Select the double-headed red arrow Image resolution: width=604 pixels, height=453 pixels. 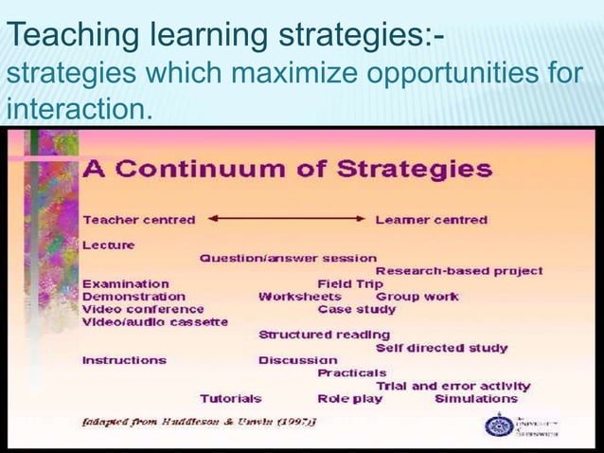(286, 219)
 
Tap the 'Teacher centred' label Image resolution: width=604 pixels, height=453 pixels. (139, 219)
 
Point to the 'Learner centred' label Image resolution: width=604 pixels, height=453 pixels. (432, 219)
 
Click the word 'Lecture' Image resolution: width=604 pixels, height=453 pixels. (109, 245)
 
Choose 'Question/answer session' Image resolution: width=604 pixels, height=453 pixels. (288, 258)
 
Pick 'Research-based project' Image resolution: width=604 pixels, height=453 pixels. (459, 271)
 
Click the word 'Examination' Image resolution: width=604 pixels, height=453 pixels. (126, 283)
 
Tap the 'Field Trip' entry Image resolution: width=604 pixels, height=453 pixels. (350, 283)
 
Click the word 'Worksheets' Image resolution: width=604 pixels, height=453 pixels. (300, 296)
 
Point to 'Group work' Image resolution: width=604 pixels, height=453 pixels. (417, 296)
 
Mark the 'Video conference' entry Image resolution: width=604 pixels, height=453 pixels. (143, 309)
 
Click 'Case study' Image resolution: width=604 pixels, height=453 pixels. (357, 309)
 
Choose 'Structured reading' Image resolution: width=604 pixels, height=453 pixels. (324, 335)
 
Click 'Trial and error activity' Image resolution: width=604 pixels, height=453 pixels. (453, 386)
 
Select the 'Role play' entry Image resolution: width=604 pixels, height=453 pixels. (350, 399)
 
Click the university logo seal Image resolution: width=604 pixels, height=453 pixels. (497, 425)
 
